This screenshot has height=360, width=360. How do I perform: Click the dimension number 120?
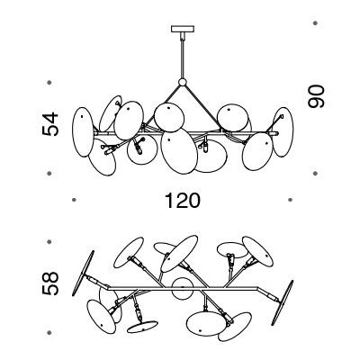(183, 201)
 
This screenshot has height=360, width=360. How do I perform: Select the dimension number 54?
(50, 124)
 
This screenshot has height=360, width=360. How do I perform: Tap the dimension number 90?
(316, 96)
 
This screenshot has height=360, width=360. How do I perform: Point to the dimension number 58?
(50, 283)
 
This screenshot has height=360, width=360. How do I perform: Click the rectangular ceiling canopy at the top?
(183, 29)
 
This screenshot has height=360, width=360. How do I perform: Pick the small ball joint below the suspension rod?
(182, 82)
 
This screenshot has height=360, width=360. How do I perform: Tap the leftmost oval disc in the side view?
(83, 131)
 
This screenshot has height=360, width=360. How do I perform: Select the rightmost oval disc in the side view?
(283, 132)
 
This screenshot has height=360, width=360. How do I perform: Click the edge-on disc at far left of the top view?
(84, 273)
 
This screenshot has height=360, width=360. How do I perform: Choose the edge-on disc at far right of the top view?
(283, 302)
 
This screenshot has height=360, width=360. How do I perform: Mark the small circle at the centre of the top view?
(183, 288)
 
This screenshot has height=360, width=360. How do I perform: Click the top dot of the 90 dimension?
(315, 22)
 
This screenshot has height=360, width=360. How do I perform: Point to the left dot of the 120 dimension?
(74, 200)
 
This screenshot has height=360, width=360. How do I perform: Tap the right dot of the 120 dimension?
(290, 200)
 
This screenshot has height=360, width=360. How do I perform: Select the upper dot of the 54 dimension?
(49, 82)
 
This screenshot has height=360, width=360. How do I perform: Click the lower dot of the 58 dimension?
(49, 333)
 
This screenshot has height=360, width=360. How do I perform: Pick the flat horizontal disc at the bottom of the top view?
(142, 327)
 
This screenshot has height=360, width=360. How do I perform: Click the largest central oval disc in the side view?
(179, 151)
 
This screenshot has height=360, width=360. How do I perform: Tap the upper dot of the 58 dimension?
(49, 241)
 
